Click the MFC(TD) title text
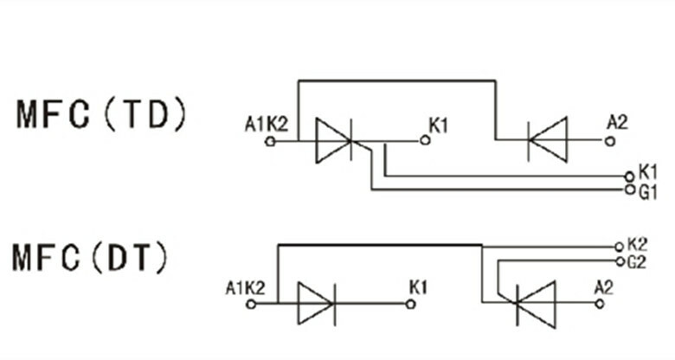pos(100,115)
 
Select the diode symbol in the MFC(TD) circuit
pos(547,138)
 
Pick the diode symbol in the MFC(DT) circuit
pos(315,304)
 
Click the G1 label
pos(648,190)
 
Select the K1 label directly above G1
pos(648,171)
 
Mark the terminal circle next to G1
pos(630,187)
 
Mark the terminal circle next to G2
pos(618,260)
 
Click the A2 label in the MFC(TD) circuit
pos(617,121)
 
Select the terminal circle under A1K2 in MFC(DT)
pos(251,305)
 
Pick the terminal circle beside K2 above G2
pos(618,246)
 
